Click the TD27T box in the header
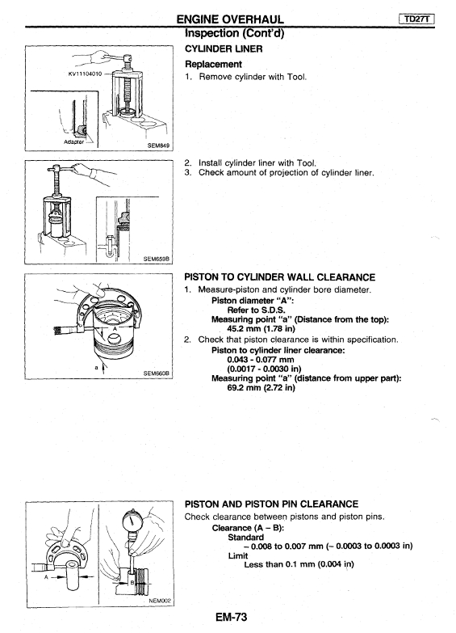click(x=416, y=19)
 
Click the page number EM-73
click(x=231, y=617)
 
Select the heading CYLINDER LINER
click(x=224, y=49)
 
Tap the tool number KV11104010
click(x=85, y=74)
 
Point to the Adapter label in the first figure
click(x=74, y=142)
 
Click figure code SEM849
click(x=158, y=146)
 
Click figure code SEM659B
click(x=157, y=260)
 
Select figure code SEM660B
click(x=157, y=373)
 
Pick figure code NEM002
click(x=160, y=601)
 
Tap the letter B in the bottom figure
click(x=131, y=582)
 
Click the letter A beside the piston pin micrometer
click(x=46, y=577)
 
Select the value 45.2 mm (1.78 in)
click(x=261, y=328)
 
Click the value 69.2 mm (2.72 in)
click(x=261, y=387)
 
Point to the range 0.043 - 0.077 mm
click(x=261, y=359)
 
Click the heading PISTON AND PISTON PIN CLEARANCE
click(x=271, y=504)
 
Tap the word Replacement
click(x=213, y=64)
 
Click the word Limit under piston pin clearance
click(x=238, y=555)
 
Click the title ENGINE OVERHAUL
click(x=230, y=19)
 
